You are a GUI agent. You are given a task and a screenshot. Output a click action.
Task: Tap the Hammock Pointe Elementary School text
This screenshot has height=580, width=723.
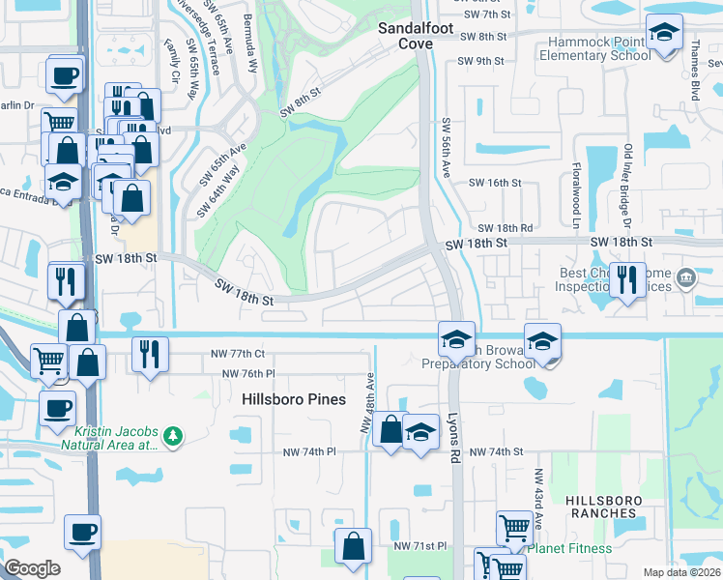[x=599, y=48]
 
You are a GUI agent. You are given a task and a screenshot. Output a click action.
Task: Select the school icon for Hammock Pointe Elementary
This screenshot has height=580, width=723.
[x=664, y=35]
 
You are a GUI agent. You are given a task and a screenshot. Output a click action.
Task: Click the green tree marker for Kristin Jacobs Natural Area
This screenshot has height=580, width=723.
[x=173, y=436]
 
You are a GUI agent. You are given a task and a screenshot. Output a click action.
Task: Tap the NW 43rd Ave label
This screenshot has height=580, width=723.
[x=537, y=500]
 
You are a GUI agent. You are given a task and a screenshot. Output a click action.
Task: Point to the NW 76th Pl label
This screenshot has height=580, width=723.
[x=248, y=374]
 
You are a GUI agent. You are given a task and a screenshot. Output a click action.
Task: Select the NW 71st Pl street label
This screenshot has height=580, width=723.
[x=419, y=546]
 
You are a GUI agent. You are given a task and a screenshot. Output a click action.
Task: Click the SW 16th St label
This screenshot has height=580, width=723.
[x=494, y=183]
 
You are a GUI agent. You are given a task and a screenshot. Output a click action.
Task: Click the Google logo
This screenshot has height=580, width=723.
[x=32, y=568]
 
